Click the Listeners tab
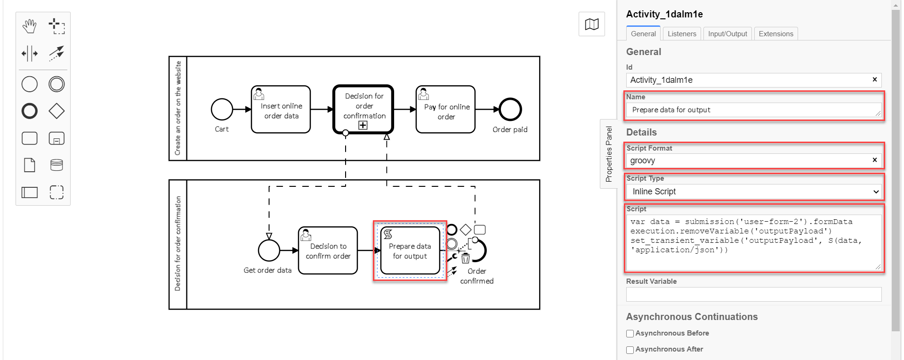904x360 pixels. (681, 34)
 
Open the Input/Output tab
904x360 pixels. (727, 34)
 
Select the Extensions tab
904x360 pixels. (775, 34)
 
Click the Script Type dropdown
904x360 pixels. (754, 192)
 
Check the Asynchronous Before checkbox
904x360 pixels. (630, 334)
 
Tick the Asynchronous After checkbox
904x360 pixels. (630, 350)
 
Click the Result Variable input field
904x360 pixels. (753, 295)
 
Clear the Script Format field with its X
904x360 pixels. (874, 160)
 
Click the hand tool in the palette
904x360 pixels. (30, 26)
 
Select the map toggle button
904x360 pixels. (591, 24)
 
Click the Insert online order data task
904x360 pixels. (281, 110)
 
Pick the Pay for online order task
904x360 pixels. (445, 110)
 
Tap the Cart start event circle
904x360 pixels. (222, 110)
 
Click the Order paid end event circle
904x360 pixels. (510, 110)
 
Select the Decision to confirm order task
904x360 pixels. (328, 250)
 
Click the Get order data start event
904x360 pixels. (269, 250)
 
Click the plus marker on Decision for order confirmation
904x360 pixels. (363, 125)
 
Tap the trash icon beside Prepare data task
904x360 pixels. (466, 258)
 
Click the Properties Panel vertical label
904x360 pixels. (609, 154)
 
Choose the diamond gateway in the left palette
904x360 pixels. (56, 111)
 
